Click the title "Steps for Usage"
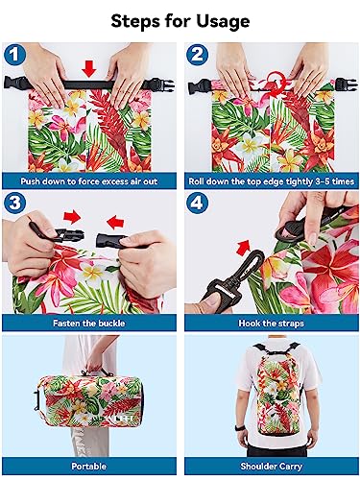[180, 19]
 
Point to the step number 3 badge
[17, 203]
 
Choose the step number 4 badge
[198, 203]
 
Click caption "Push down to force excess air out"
[90, 180]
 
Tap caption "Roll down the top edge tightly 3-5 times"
[270, 180]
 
